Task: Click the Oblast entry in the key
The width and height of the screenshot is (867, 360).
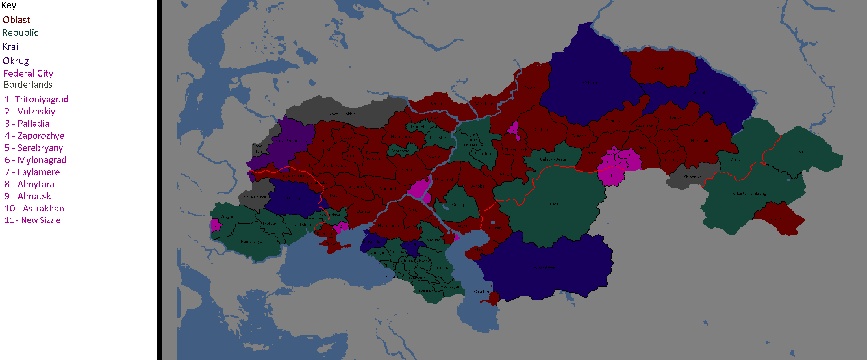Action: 16,20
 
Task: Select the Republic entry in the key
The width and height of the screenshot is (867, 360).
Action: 20,33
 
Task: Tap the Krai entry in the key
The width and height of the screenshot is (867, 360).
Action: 10,47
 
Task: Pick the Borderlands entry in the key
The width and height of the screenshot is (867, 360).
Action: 28,84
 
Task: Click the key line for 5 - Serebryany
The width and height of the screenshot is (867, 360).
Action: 34,148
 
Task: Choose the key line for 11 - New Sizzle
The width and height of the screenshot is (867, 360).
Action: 32,220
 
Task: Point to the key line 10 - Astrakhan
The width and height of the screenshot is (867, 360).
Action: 34,208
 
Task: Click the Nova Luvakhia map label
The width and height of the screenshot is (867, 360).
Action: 342,114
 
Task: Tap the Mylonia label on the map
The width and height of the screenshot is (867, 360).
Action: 590,82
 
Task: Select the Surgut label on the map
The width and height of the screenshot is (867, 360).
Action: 661,67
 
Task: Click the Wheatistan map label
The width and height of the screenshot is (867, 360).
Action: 544,268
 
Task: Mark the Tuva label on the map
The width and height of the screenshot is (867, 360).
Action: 799,152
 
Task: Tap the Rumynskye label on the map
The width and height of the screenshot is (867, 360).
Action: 251,241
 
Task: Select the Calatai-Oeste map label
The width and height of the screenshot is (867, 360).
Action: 553,159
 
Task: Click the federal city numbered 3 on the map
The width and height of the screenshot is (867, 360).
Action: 215,225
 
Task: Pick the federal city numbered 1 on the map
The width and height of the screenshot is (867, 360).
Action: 418,189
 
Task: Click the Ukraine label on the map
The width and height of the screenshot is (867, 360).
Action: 294,198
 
